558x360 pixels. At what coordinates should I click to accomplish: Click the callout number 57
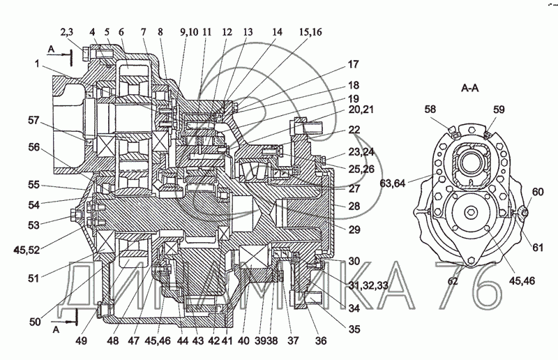(33, 121)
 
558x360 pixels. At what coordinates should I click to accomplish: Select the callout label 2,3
(66, 32)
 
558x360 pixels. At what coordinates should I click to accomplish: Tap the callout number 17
(354, 64)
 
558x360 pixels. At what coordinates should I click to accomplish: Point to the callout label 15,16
(310, 32)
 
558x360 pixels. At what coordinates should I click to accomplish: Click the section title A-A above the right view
(469, 88)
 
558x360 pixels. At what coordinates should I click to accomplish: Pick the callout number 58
(430, 110)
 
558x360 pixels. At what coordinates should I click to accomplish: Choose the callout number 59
(499, 110)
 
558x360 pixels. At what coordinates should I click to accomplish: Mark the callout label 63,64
(393, 183)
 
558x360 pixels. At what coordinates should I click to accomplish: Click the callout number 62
(452, 281)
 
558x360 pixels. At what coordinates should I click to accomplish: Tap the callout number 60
(538, 192)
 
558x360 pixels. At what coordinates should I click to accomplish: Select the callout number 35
(354, 329)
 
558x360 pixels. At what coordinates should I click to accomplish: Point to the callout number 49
(81, 340)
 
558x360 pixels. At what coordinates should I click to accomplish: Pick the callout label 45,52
(27, 250)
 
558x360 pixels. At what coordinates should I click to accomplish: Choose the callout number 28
(354, 206)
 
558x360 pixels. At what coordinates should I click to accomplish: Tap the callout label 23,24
(361, 152)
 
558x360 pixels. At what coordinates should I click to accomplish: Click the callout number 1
(37, 64)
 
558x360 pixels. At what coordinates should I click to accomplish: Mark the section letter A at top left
(51, 49)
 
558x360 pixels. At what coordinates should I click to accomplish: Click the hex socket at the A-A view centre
(469, 213)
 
